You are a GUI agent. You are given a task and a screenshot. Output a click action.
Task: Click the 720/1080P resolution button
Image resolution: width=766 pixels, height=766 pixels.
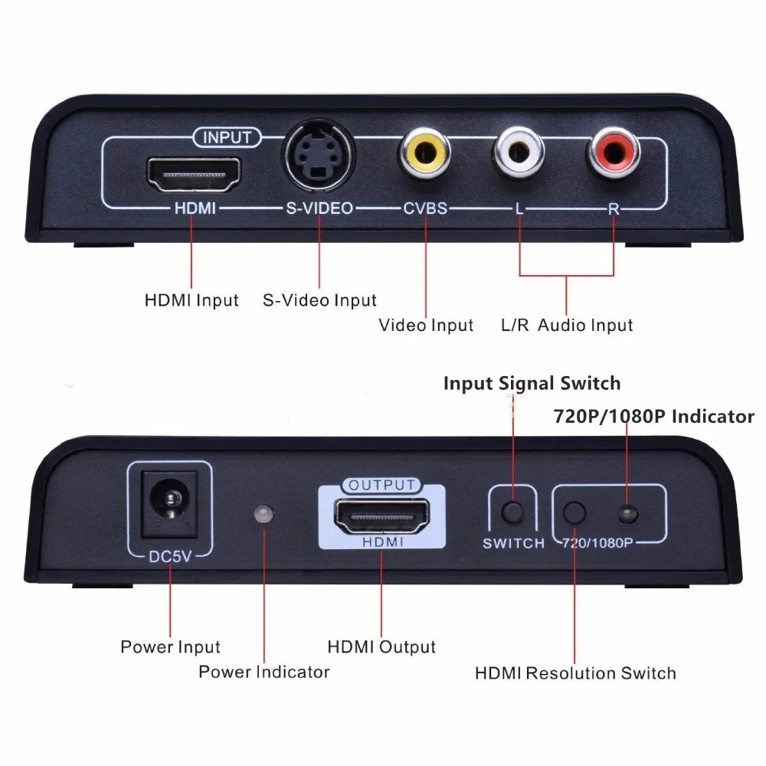point(574,512)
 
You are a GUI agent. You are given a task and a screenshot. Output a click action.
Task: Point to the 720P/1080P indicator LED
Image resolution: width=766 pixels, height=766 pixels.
point(627,513)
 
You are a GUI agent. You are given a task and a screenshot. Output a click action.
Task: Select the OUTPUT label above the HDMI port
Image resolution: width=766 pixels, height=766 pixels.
point(381,485)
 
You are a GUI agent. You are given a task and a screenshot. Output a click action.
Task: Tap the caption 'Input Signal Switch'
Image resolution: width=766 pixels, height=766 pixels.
point(532,383)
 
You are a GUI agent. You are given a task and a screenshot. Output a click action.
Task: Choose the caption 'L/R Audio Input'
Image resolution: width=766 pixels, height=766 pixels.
point(567,325)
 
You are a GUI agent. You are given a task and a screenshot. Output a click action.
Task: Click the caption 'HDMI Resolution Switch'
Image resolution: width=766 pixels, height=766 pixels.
point(575,673)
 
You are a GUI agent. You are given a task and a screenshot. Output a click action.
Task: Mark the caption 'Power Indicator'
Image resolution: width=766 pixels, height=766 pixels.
point(264,672)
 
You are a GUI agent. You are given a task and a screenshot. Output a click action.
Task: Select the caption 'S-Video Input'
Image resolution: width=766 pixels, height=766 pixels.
point(319,300)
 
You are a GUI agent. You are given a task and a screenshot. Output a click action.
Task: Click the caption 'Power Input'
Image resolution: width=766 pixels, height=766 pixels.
point(170,647)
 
